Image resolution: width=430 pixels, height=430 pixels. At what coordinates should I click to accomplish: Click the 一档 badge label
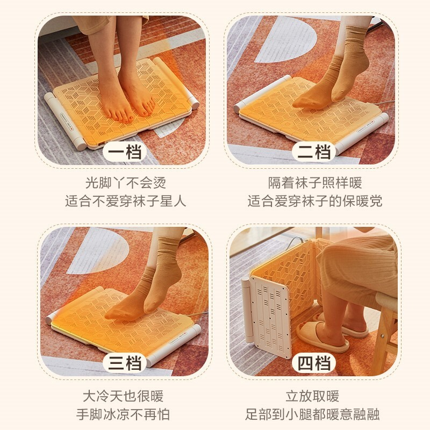coord(125,152)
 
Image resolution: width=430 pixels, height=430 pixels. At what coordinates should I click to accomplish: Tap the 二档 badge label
coord(314,152)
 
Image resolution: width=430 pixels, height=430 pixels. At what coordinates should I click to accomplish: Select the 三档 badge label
coord(125,363)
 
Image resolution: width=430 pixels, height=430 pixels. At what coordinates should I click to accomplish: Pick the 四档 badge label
coord(314,363)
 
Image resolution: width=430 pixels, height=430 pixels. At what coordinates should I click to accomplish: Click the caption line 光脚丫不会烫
coord(126,183)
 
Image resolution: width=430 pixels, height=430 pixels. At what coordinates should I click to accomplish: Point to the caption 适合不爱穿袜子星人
coord(126,201)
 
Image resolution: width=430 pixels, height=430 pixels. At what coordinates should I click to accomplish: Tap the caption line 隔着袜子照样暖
coord(315,183)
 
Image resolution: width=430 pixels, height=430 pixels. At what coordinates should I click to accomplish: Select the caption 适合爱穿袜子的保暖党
coord(315,201)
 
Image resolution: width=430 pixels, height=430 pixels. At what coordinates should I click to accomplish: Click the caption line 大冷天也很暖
coord(123,396)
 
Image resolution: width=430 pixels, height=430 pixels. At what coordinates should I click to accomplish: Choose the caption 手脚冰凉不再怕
coord(123,414)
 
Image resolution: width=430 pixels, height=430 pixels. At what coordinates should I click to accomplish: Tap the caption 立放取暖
coord(312,396)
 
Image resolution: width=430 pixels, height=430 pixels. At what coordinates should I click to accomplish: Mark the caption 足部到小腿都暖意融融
coord(312,414)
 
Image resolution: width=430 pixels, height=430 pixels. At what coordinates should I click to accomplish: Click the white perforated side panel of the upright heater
coord(271,316)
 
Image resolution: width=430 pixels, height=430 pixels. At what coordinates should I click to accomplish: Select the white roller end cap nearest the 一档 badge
coord(80,144)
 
